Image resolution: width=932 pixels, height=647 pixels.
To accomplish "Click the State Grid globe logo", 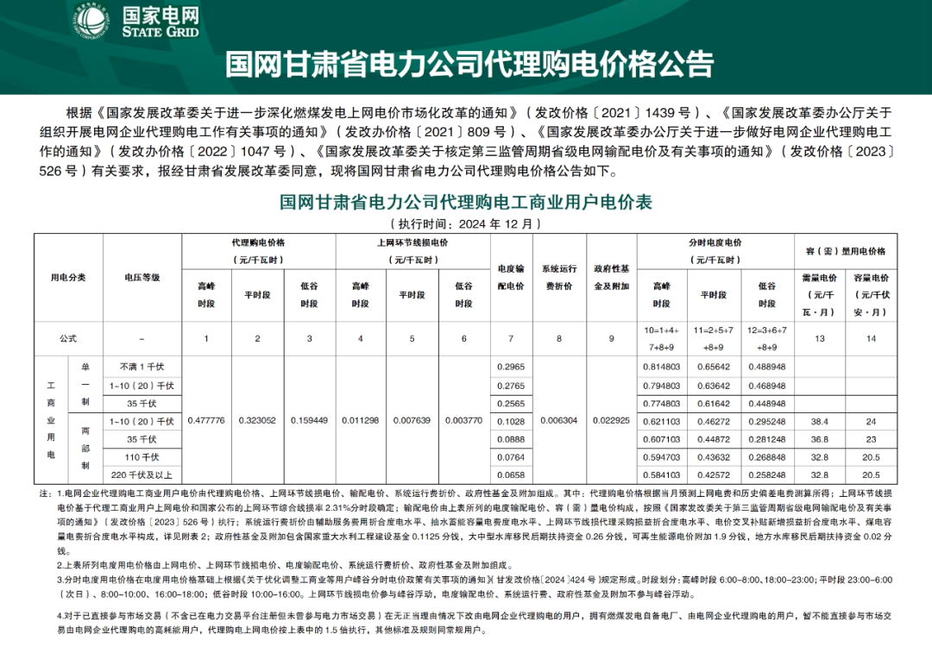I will pyautogui.click(x=90, y=23).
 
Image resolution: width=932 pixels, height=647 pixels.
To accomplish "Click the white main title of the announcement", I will pyautogui.click(x=470, y=64).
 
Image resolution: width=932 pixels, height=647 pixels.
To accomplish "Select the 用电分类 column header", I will pyautogui.click(x=68, y=278).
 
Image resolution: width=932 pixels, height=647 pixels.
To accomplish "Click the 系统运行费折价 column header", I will pyautogui.click(x=559, y=278).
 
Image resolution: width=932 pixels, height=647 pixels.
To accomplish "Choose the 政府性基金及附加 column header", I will pyautogui.click(x=611, y=278).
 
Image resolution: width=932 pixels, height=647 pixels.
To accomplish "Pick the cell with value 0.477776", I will pyautogui.click(x=206, y=420).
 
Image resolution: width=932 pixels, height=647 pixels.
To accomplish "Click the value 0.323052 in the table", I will pyautogui.click(x=257, y=420).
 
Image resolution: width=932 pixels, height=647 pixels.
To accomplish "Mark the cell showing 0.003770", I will pyautogui.click(x=464, y=420).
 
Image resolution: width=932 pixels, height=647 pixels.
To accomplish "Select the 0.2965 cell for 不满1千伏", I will pyautogui.click(x=510, y=367).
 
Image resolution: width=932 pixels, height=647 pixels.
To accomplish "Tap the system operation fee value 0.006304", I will pyautogui.click(x=559, y=420).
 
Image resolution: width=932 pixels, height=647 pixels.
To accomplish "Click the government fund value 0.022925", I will pyautogui.click(x=611, y=420).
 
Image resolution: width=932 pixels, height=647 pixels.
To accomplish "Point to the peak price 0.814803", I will pyautogui.click(x=661, y=367).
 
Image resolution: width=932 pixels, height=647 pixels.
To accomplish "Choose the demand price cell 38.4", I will pyautogui.click(x=820, y=421).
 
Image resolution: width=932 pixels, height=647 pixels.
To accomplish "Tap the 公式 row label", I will pyautogui.click(x=68, y=339).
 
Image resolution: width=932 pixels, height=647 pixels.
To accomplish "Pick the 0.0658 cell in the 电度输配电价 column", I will pyautogui.click(x=510, y=474).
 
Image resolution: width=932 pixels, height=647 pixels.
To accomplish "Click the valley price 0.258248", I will pyautogui.click(x=766, y=474).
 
